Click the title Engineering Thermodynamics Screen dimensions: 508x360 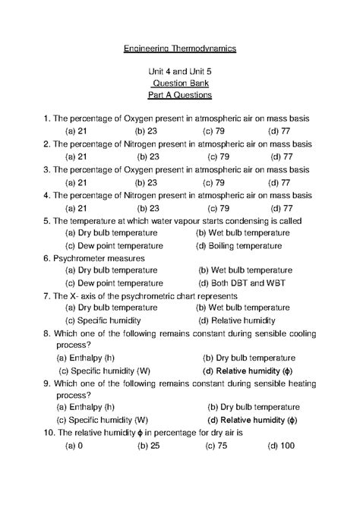click(x=180, y=49)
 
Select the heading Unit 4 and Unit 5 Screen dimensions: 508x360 click(x=180, y=71)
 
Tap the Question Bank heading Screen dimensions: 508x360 click(x=180, y=84)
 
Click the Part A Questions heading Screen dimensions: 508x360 click(x=180, y=96)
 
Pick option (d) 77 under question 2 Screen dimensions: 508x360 click(x=280, y=157)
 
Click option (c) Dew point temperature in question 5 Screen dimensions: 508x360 click(x=114, y=245)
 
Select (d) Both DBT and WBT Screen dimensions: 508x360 click(x=242, y=282)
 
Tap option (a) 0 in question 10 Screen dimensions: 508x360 click(x=74, y=446)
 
